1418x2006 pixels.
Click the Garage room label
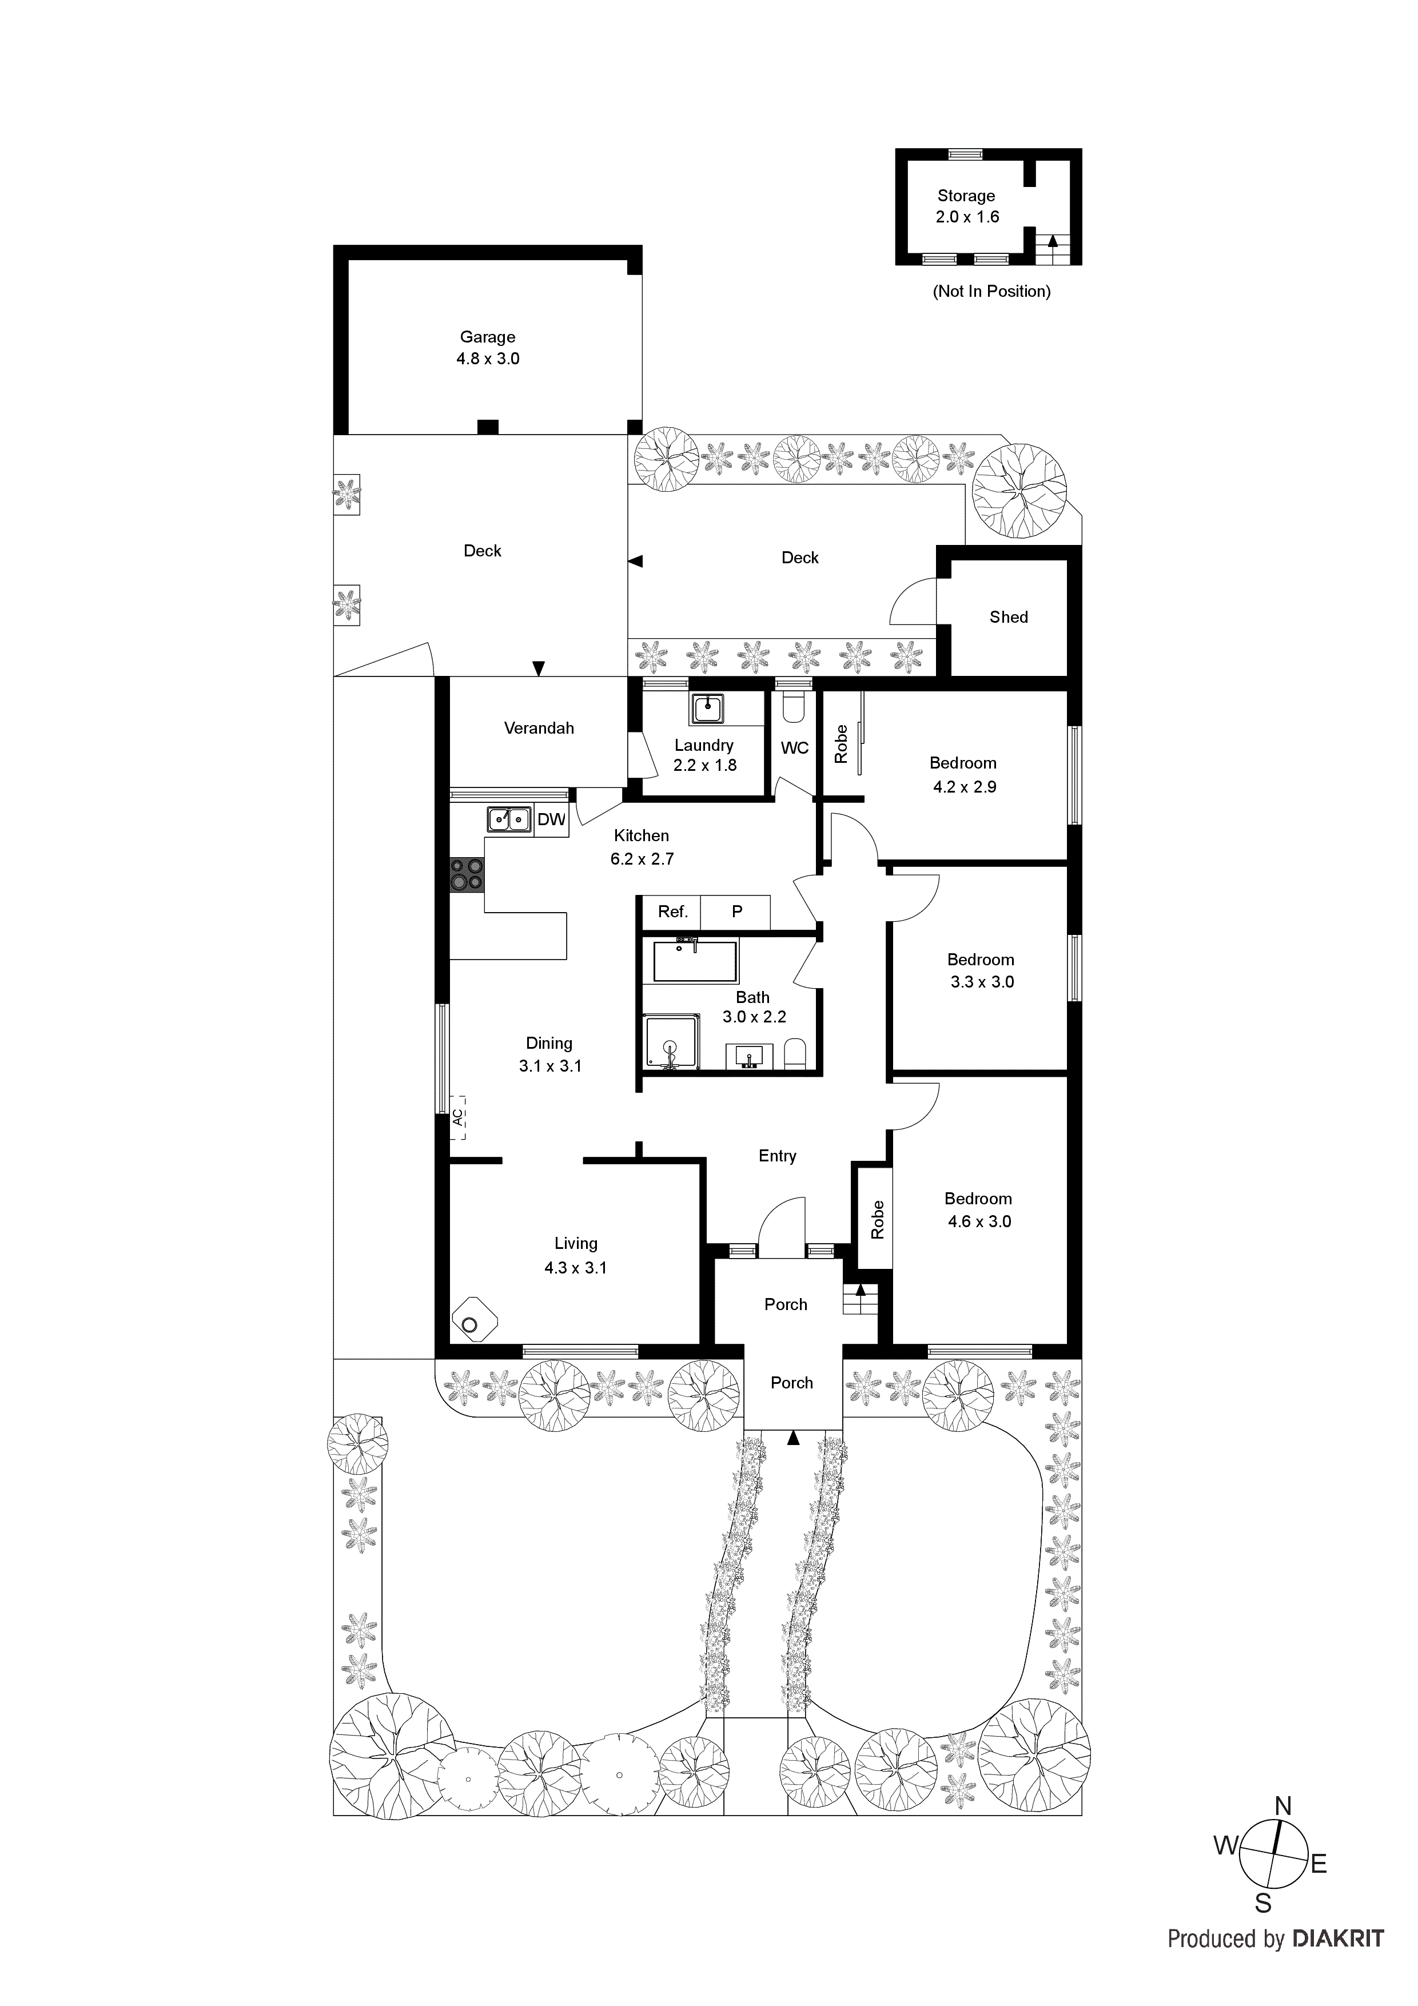[488, 336]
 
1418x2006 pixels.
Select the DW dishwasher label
[551, 819]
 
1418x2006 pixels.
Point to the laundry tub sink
[707, 709]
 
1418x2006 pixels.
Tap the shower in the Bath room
[672, 1041]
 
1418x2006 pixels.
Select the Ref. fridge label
[673, 912]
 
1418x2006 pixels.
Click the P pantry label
[736, 912]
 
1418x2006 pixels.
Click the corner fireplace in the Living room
[473, 1324]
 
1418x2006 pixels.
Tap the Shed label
[1008, 617]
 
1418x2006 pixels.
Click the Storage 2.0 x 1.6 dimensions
[966, 217]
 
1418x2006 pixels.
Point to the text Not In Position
[991, 291]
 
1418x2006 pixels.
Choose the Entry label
[776, 1156]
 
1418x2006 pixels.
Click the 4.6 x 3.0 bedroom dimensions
[979, 1221]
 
